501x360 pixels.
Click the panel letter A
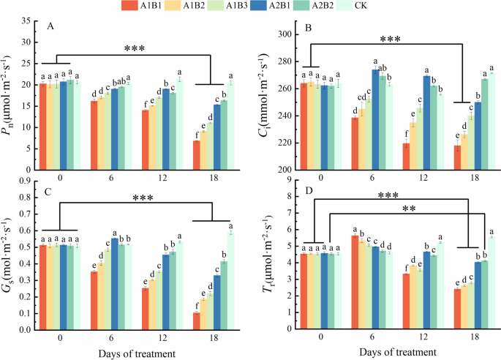[x=50, y=27]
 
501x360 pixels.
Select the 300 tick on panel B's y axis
[x=282, y=34]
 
